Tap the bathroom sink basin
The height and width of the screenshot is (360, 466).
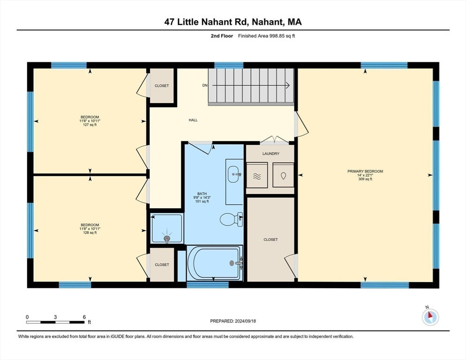(x=233, y=174)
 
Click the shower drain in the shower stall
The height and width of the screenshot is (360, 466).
(x=167, y=238)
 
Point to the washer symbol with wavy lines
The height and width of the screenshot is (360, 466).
(x=257, y=176)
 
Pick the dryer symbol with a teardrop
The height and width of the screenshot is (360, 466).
(x=283, y=176)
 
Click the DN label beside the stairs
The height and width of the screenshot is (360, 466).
(x=205, y=85)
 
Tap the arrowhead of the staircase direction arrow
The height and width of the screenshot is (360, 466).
(x=288, y=85)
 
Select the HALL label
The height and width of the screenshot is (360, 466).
(x=193, y=120)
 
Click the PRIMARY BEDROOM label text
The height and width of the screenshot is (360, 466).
(x=365, y=171)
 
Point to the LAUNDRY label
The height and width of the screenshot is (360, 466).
(x=271, y=154)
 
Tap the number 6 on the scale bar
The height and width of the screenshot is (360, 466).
(x=84, y=317)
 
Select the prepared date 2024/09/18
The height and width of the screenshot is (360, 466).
(x=246, y=321)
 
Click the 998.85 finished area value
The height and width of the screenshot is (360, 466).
(x=278, y=36)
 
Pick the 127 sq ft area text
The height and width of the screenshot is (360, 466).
(x=90, y=125)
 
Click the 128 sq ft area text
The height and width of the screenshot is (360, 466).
(x=90, y=233)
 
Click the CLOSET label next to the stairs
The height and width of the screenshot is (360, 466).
(x=162, y=86)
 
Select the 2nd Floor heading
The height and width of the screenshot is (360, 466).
(x=222, y=36)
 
